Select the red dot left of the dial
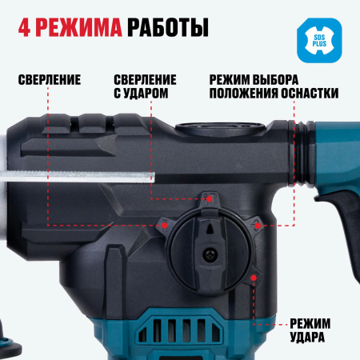pos(164,226)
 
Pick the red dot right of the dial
pos(258,226)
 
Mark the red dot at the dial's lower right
pos(254,277)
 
